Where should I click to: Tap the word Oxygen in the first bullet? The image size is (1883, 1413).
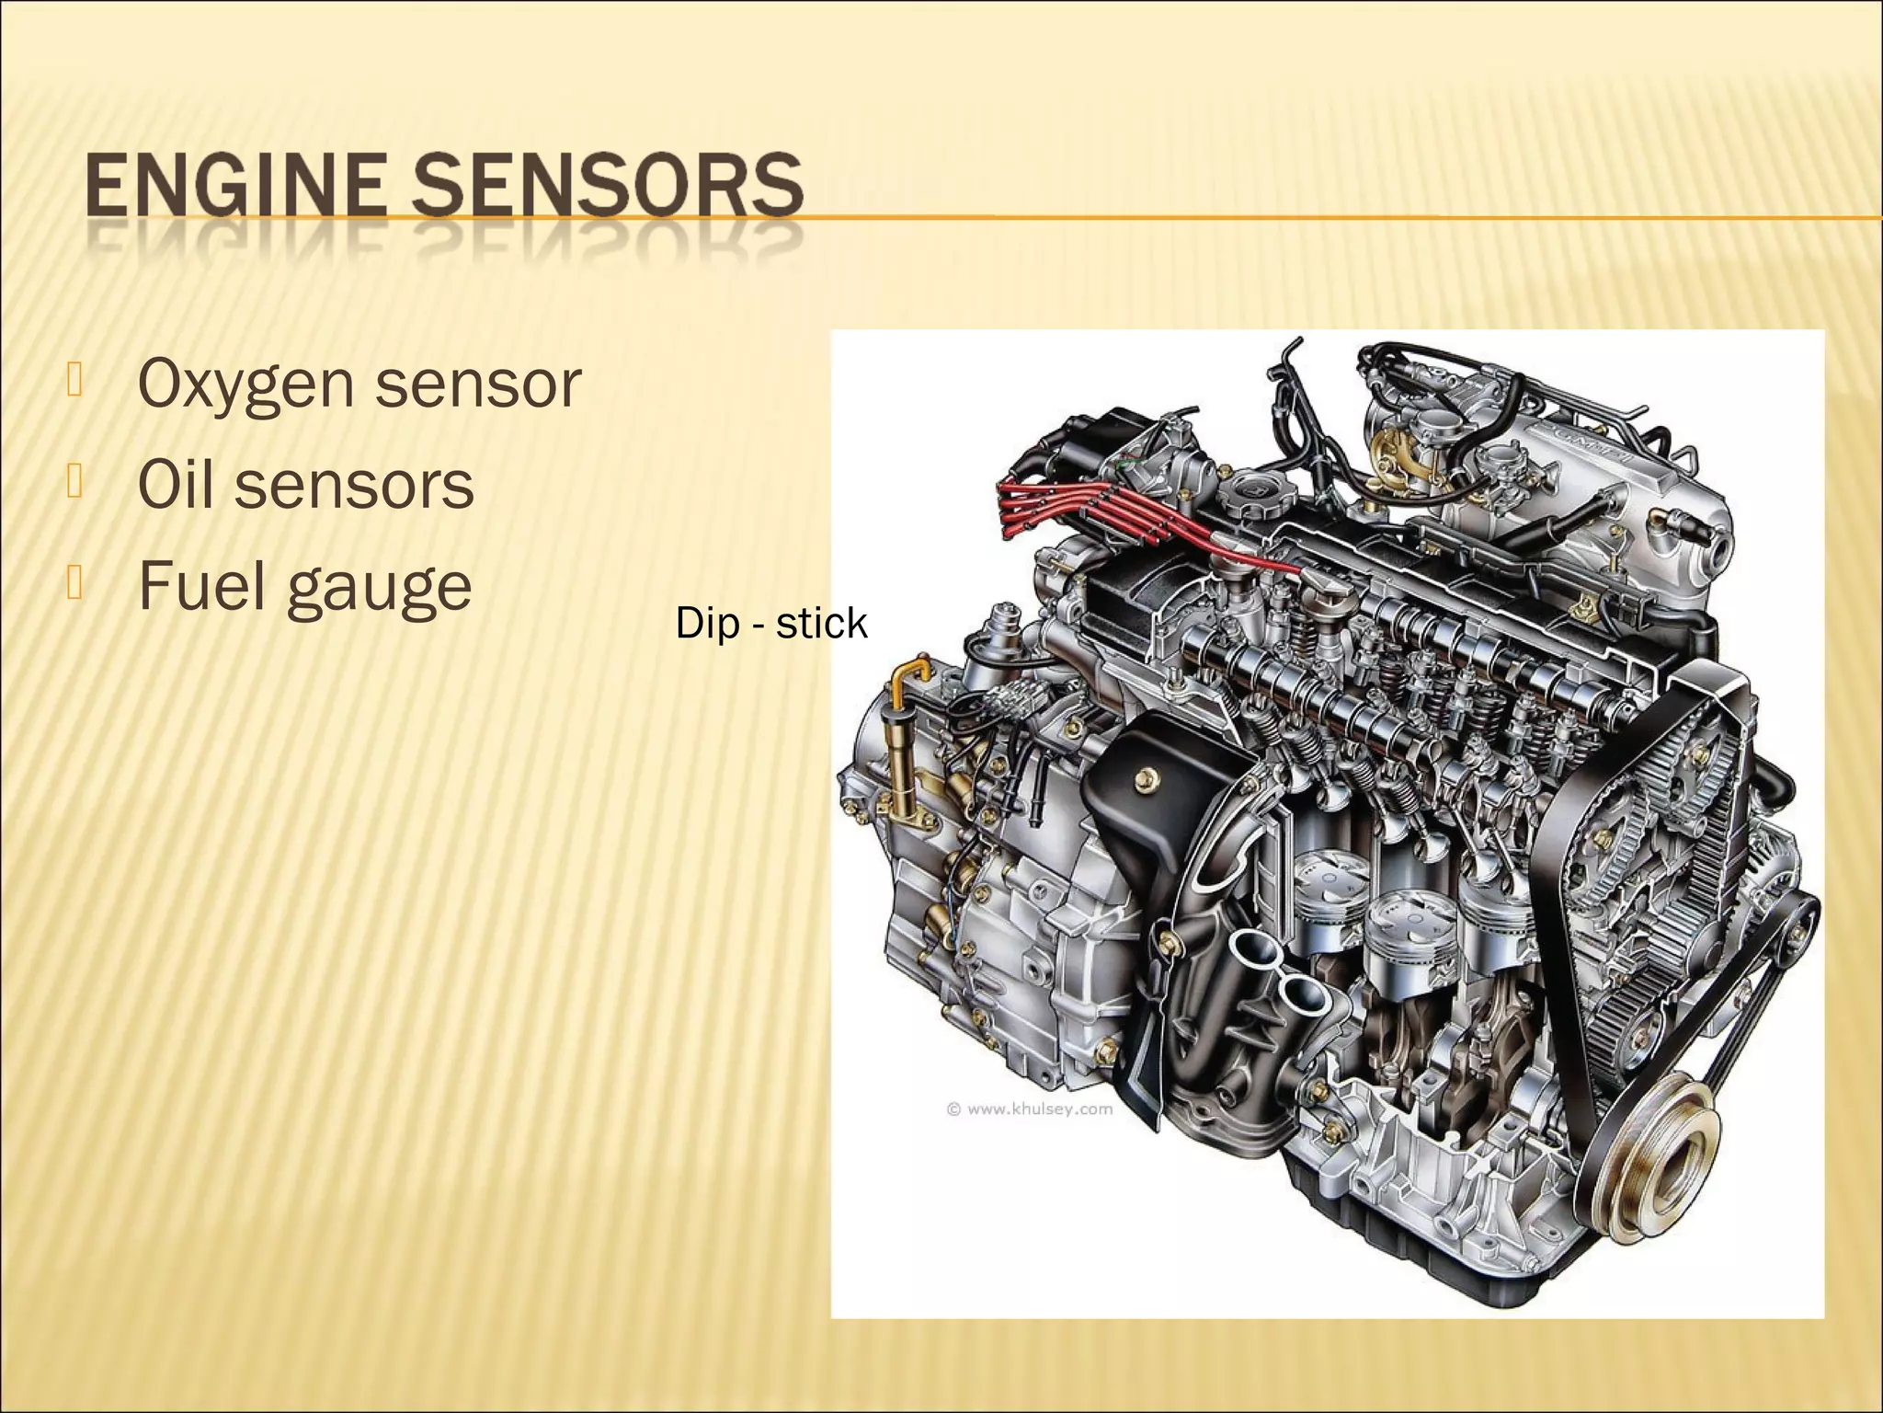point(245,385)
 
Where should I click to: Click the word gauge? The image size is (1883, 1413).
point(379,589)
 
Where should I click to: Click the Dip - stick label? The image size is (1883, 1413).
point(770,624)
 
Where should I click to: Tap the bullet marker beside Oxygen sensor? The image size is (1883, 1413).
point(74,382)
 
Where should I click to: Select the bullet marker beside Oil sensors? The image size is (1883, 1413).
point(74,483)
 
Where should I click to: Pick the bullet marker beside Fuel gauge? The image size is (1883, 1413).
point(74,584)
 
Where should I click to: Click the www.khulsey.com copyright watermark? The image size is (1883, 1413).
point(1030,1109)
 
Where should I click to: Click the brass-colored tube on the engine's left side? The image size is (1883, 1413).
point(900,736)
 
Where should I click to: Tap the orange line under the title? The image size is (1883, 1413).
point(1287,218)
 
